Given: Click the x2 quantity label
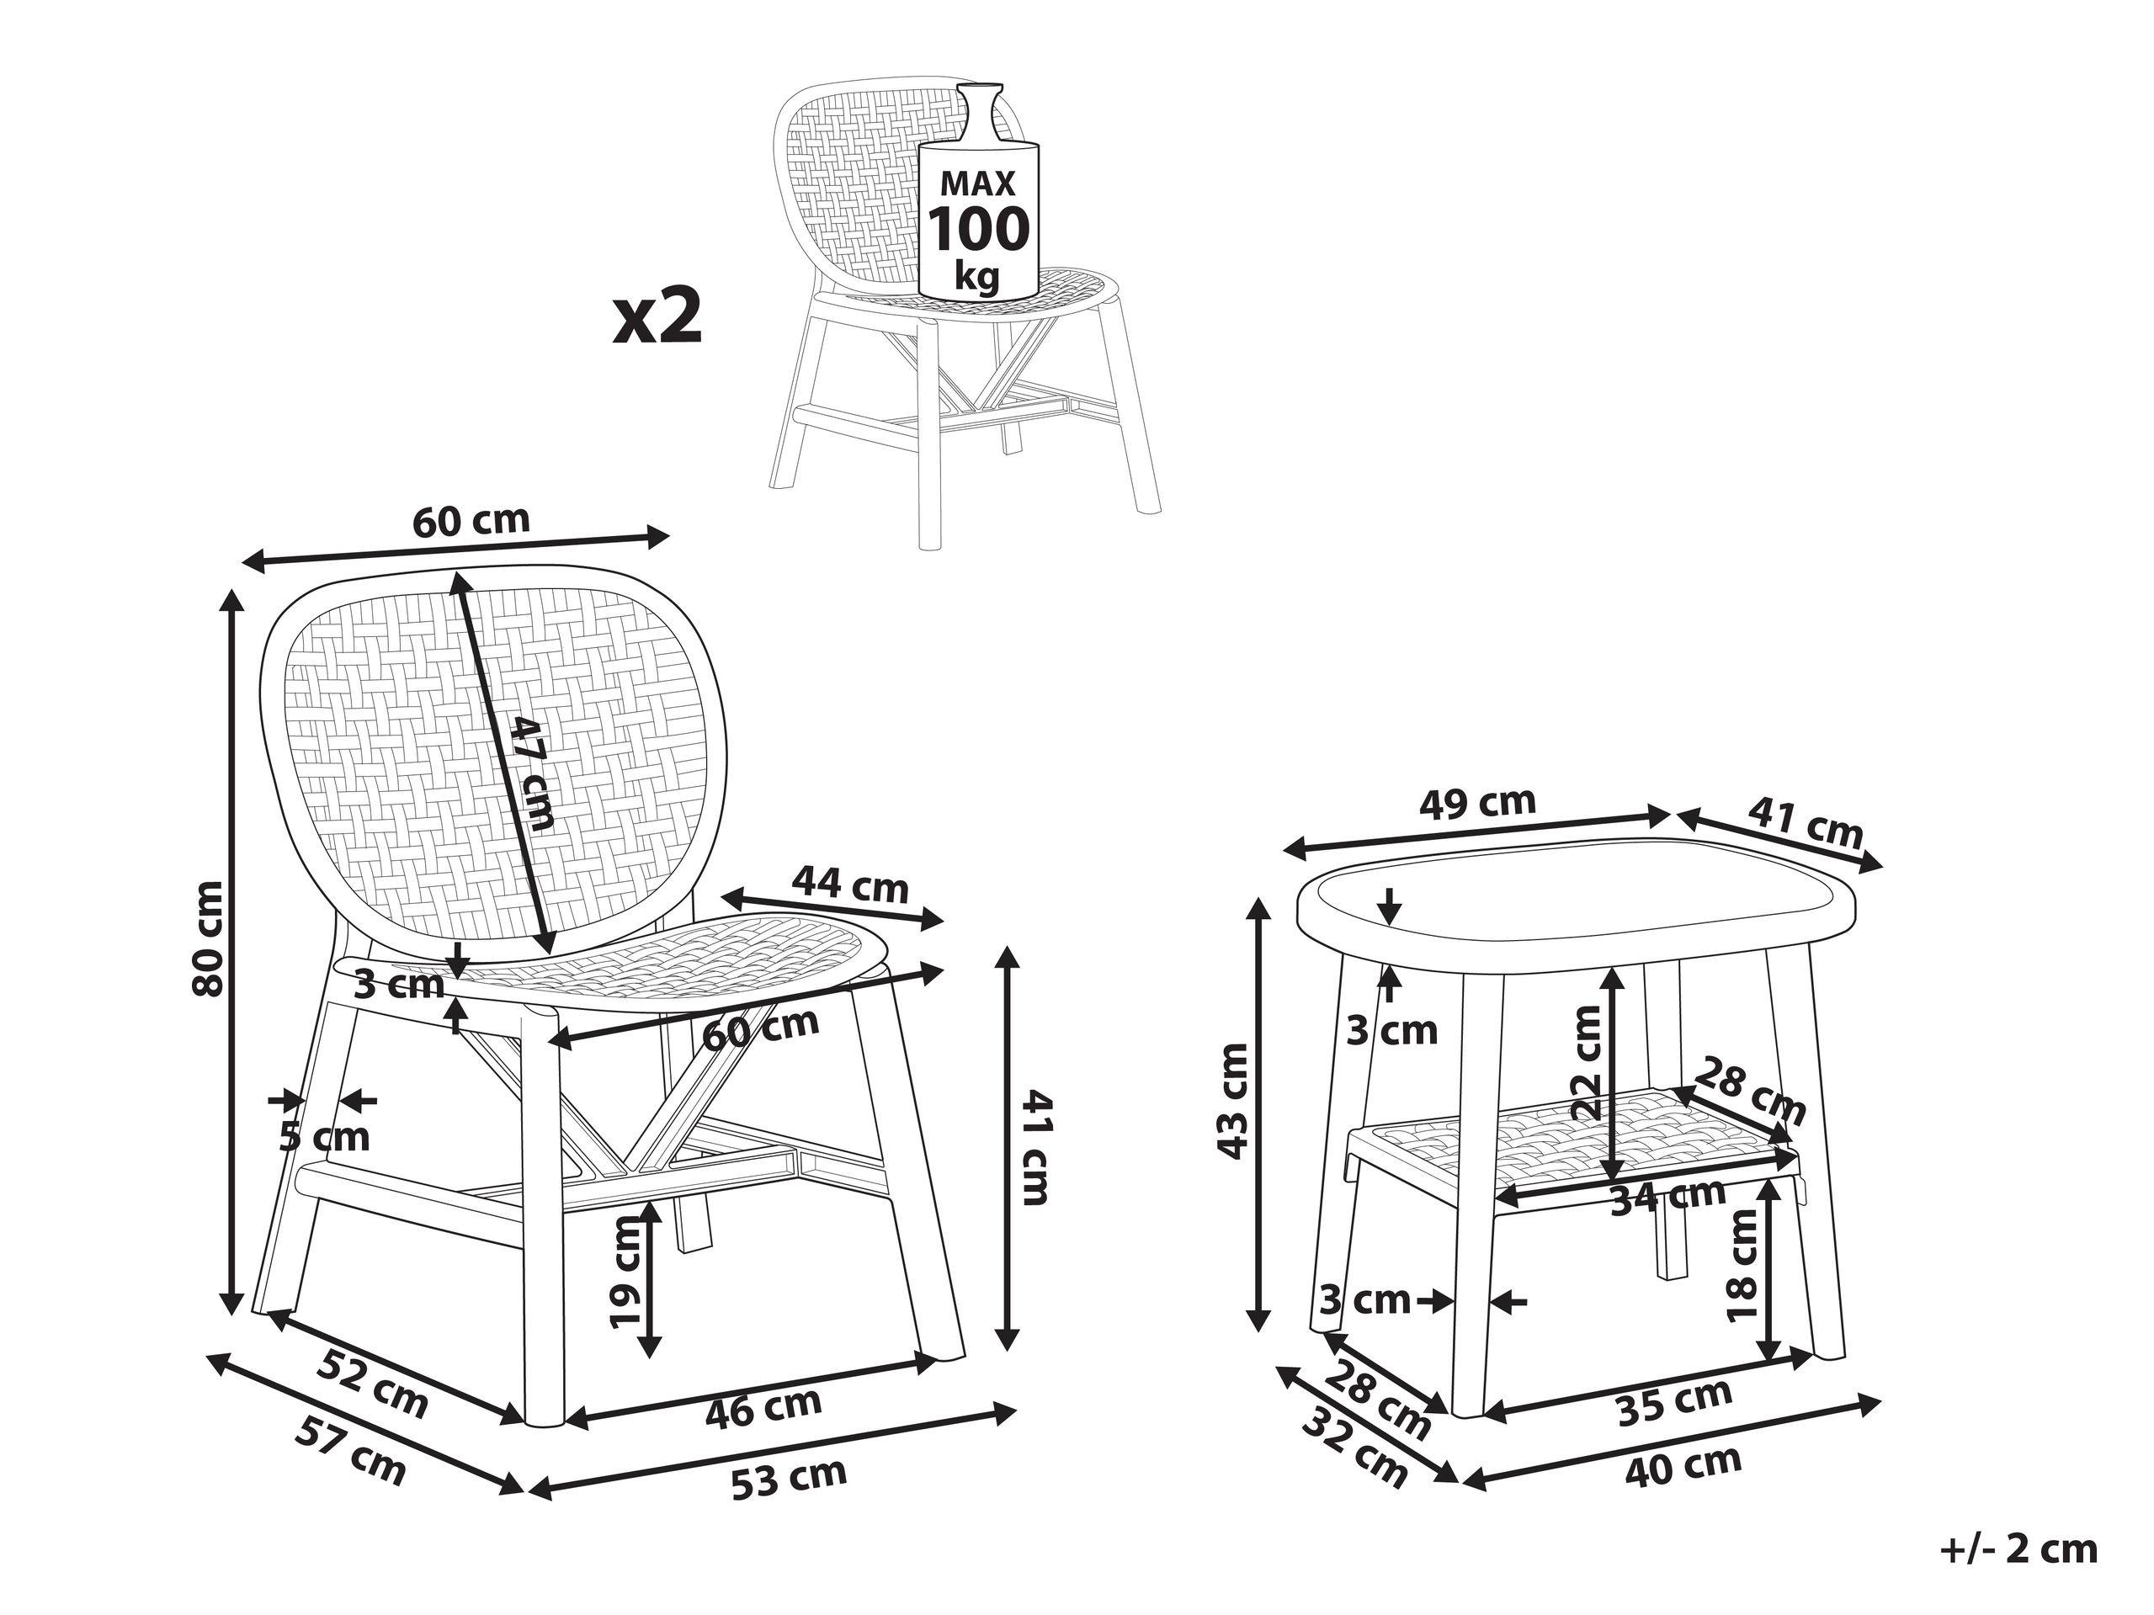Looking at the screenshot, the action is (x=657, y=316).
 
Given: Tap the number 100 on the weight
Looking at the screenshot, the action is (x=976, y=229).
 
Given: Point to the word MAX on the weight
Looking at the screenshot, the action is (x=976, y=182).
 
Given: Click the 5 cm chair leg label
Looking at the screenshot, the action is (x=325, y=1136).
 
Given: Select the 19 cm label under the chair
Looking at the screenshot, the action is (x=625, y=1274).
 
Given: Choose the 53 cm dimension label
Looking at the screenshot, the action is (x=789, y=1476).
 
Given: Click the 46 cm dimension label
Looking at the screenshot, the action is (x=764, y=1405).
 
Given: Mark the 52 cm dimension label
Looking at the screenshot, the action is (x=373, y=1384).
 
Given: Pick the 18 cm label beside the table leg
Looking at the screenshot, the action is (x=1742, y=1265).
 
